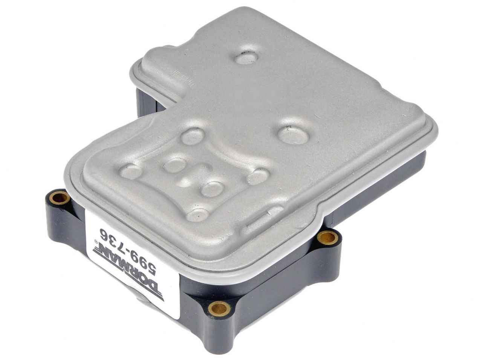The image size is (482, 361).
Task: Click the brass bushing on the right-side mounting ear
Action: (x=327, y=237)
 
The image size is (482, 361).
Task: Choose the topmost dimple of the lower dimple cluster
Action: (x=193, y=136)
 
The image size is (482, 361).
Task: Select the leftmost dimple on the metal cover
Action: (x=132, y=171)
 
